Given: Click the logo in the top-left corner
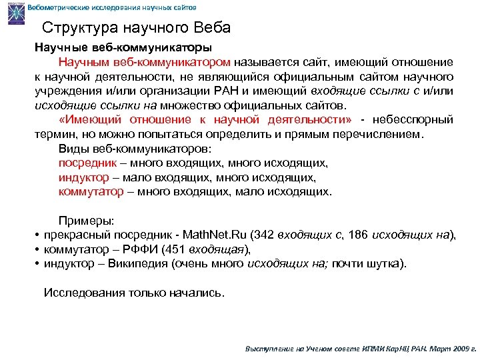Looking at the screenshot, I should click(13, 13).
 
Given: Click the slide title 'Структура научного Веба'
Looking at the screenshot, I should click(136, 28).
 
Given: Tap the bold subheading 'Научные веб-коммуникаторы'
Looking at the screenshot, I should click(124, 48).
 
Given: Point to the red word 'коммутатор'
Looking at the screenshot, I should click(91, 191).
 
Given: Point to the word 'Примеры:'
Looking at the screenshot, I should click(87, 221).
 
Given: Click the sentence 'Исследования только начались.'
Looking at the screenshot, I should click(134, 292).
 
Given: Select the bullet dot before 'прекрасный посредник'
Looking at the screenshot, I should click(38, 235).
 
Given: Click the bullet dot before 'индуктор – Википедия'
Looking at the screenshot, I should click(38, 265).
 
